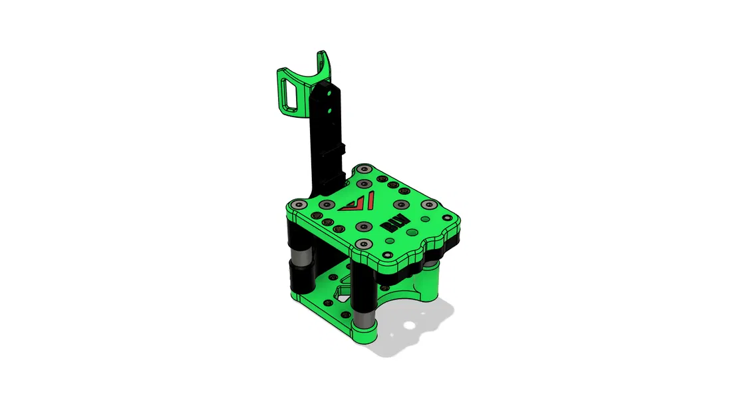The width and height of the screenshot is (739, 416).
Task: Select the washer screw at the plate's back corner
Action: coord(363,170)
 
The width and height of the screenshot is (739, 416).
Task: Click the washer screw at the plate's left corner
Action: coord(298,204)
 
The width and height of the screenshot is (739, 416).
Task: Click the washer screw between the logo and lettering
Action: coord(363,226)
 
